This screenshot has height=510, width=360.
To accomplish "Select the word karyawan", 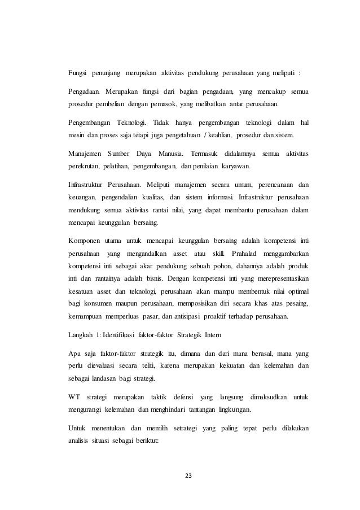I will point(236,168).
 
